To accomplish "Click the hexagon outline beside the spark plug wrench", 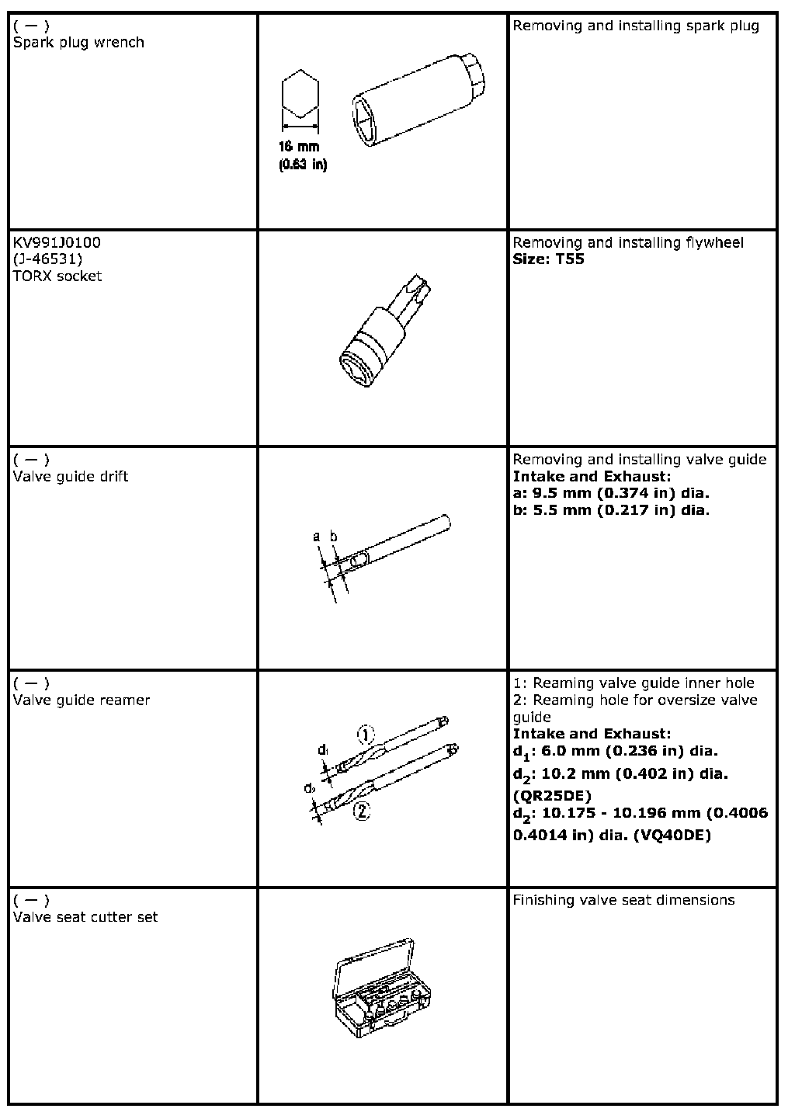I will (x=300, y=99).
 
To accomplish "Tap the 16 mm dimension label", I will (x=300, y=147).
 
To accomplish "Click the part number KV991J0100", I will (x=57, y=242).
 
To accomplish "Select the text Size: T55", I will (x=548, y=259).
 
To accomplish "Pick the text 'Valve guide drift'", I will (x=71, y=476).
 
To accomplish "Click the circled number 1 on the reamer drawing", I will (x=366, y=734).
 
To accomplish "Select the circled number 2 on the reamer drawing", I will (x=361, y=811).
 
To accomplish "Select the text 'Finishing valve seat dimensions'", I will (x=623, y=900).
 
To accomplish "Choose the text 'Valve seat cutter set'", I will (x=85, y=917).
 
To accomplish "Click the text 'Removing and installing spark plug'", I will (x=636, y=26).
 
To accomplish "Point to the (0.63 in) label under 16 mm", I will (x=303, y=165).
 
